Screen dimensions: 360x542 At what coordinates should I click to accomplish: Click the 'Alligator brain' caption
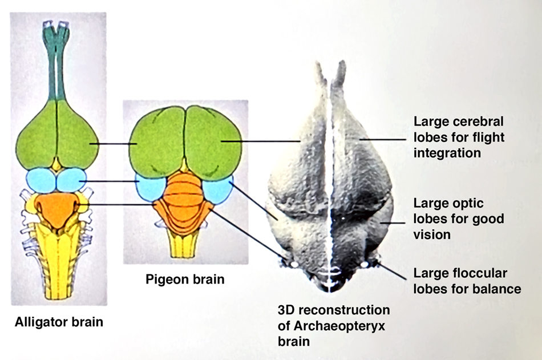coord(59,322)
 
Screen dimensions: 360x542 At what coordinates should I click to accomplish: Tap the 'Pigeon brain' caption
coord(185,280)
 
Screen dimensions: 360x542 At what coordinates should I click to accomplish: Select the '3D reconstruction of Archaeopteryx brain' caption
coord(334,325)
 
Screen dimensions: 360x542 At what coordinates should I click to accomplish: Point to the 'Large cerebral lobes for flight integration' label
coord(459,137)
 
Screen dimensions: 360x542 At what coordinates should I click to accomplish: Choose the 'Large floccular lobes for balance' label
coord(467,281)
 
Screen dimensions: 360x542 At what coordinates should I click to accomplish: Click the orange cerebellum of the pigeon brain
coord(183,197)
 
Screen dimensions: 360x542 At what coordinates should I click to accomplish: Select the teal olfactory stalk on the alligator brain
coord(57,63)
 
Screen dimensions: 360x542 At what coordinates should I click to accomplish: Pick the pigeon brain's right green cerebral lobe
coord(214,143)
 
